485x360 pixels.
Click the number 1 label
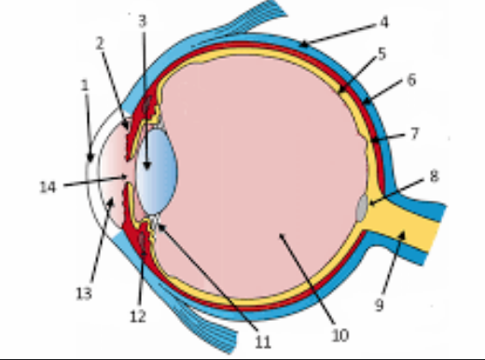click(x=84, y=85)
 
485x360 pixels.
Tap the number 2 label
click(x=100, y=43)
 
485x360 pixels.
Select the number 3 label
click(x=142, y=20)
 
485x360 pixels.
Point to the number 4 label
click(x=384, y=21)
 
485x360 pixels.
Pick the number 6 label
click(x=411, y=80)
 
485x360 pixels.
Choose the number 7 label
click(x=414, y=133)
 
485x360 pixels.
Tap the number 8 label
click(x=434, y=175)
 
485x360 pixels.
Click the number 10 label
click(x=339, y=332)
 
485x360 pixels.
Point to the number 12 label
click(x=138, y=316)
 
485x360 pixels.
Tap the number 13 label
click(x=84, y=293)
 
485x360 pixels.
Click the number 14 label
click(x=48, y=187)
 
